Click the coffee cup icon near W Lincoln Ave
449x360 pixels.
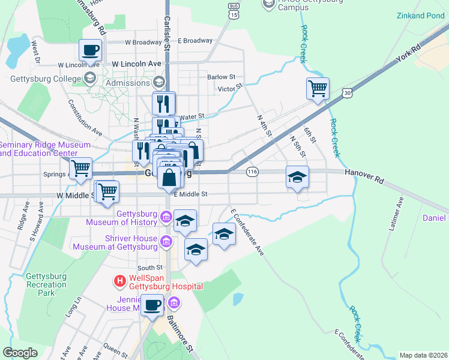(x=90, y=50)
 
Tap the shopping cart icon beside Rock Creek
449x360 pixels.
(x=318, y=88)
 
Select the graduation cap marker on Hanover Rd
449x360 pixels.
(x=297, y=176)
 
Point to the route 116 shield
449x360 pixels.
(x=252, y=172)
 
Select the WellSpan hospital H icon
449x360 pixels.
(x=120, y=280)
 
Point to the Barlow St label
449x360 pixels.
(x=221, y=77)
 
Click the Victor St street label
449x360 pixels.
(x=229, y=88)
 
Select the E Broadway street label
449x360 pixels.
(x=195, y=41)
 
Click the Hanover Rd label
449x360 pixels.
(x=363, y=172)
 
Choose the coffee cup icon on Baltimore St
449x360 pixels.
(x=152, y=305)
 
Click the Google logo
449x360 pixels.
(x=20, y=353)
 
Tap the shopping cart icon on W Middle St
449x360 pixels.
(x=107, y=191)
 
